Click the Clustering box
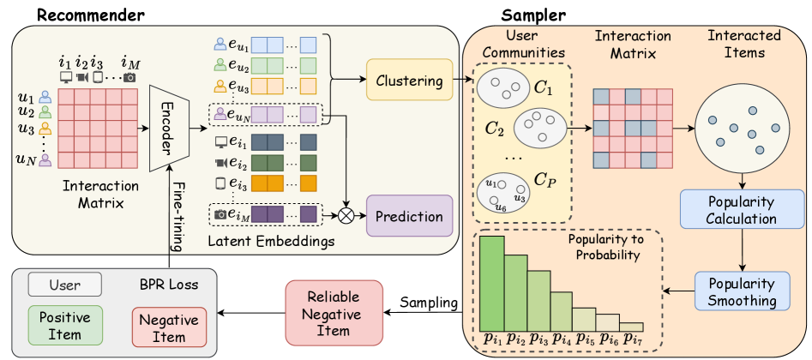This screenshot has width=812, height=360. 409,81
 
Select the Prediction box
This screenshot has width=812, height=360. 409,216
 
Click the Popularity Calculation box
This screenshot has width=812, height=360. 743,210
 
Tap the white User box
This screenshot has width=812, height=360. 64,283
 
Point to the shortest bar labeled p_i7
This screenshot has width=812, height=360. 631,327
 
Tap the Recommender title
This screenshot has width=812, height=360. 78,13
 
